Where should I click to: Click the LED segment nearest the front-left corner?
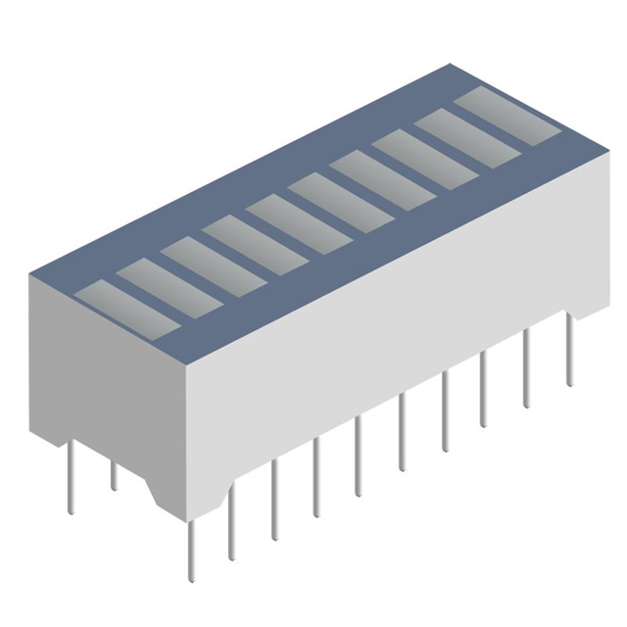click(x=126, y=306)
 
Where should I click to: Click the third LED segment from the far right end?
click(x=424, y=151)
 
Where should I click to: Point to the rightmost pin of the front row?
click(x=568, y=353)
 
